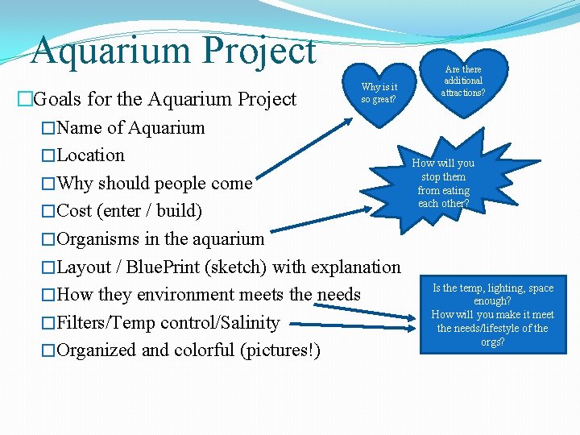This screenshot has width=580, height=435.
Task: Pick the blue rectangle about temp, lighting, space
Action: click(492, 315)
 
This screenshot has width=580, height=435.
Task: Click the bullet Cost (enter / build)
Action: click(130, 211)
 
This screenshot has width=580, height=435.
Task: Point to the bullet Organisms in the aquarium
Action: click(161, 239)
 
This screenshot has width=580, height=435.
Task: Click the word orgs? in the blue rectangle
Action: click(492, 342)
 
